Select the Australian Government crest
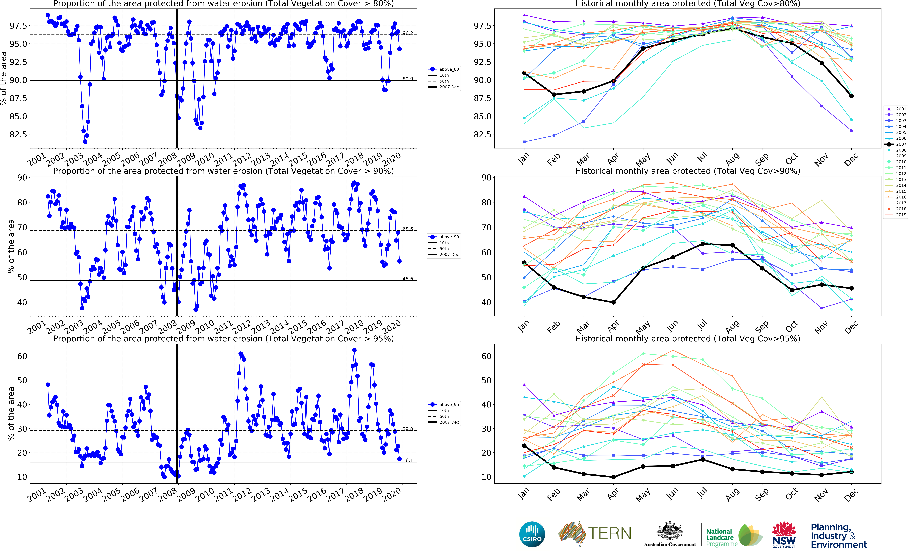pyautogui.click(x=669, y=531)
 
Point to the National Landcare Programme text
pyautogui.click(x=721, y=537)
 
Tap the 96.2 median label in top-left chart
pyautogui.click(x=408, y=33)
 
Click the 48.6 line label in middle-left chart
pyautogui.click(x=408, y=279)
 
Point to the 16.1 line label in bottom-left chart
pyautogui.click(x=408, y=460)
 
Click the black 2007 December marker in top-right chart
pyautogui.click(x=851, y=96)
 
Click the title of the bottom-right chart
pyautogui.click(x=687, y=338)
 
